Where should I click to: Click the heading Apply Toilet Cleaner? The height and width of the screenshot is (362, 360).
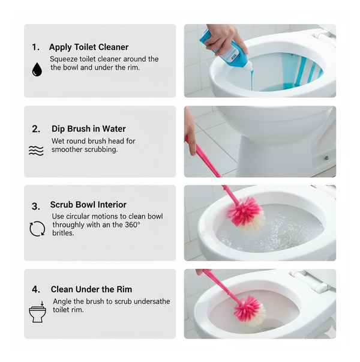(x=88, y=47)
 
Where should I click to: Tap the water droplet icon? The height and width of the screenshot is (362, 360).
(x=37, y=69)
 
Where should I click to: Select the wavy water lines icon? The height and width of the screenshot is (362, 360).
(x=36, y=151)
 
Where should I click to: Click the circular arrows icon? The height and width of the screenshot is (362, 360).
(x=37, y=229)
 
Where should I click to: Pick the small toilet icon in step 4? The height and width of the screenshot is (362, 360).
(x=37, y=312)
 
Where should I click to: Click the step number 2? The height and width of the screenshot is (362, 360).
(x=36, y=128)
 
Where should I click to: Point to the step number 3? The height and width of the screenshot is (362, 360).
(x=36, y=206)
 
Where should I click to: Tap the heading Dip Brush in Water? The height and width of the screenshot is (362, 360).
(x=88, y=128)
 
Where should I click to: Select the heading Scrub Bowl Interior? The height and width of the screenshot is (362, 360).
(x=88, y=205)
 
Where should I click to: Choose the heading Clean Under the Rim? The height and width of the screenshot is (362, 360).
(x=91, y=289)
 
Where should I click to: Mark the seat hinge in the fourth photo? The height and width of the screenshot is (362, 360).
(x=309, y=280)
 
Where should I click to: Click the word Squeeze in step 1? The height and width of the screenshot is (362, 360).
(x=65, y=59)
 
